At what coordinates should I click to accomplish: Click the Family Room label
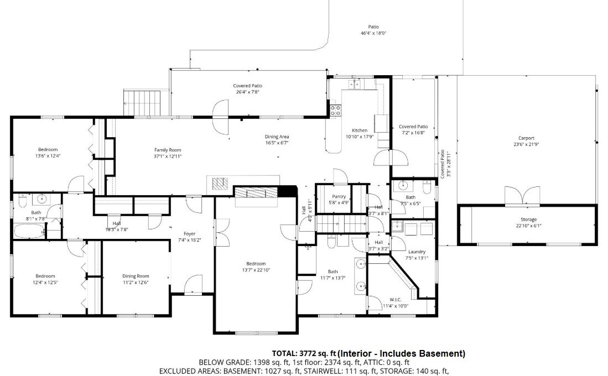click(168, 150)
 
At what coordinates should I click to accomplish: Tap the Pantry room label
click(339, 197)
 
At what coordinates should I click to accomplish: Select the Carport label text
click(526, 138)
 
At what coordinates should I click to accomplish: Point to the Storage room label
click(528, 220)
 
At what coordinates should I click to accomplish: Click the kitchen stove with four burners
click(335, 111)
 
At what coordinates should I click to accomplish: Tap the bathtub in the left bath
click(29, 232)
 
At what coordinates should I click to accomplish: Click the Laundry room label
click(417, 252)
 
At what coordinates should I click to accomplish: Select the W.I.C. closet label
click(396, 300)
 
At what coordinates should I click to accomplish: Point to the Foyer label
click(189, 234)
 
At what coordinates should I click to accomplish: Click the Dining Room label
click(136, 276)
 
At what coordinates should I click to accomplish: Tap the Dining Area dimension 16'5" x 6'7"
click(277, 143)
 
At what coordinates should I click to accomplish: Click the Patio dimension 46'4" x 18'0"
click(373, 33)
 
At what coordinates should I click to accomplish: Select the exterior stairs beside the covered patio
click(142, 103)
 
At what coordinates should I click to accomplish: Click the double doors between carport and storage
click(522, 196)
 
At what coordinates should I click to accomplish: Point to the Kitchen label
click(360, 130)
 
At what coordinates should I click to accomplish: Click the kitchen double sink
click(354, 84)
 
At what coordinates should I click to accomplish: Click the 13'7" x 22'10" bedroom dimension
click(256, 270)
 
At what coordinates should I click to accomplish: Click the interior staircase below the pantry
click(341, 223)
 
